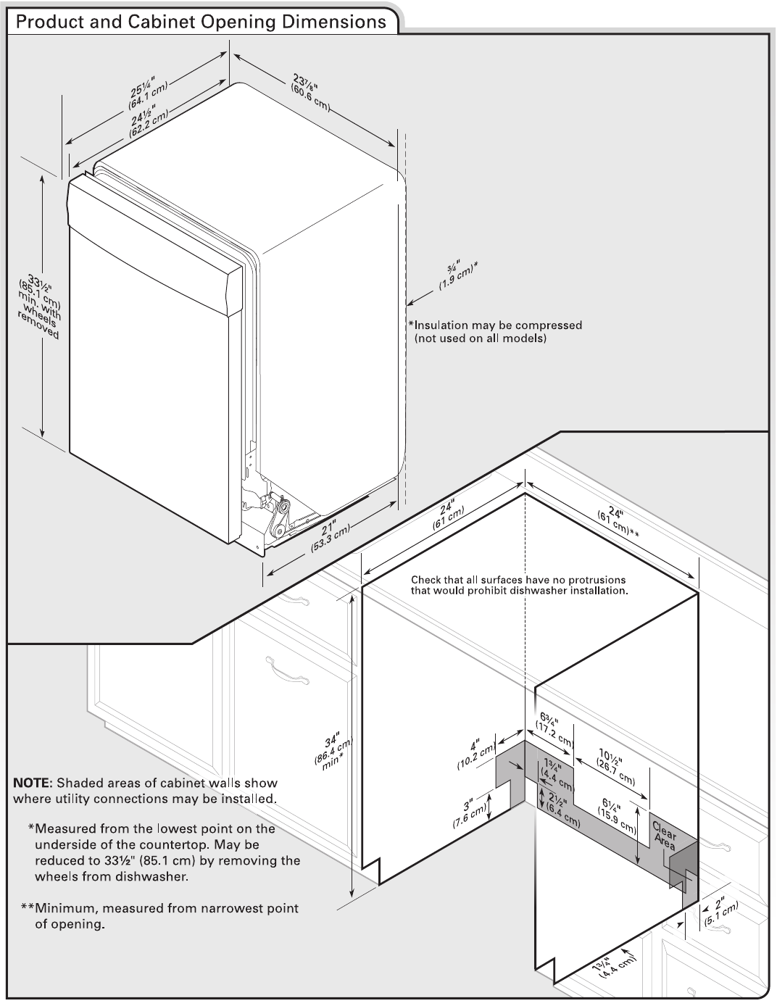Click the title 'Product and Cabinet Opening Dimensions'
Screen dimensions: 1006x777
click(x=201, y=22)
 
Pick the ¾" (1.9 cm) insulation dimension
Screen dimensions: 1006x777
click(x=457, y=276)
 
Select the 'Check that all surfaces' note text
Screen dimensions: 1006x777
click(x=518, y=585)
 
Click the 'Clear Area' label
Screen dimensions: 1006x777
click(x=665, y=835)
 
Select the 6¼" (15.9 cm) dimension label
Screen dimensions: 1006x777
click(x=618, y=814)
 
